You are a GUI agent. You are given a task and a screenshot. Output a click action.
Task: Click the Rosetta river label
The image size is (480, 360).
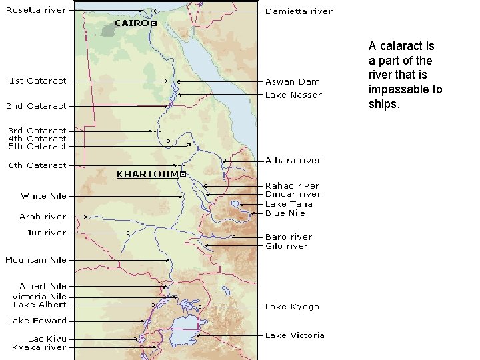pyautogui.click(x=37, y=10)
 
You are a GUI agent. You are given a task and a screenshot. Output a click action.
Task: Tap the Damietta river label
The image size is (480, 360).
pyautogui.click(x=299, y=11)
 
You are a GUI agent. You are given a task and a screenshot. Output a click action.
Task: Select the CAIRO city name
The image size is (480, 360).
pyautogui.click(x=131, y=23)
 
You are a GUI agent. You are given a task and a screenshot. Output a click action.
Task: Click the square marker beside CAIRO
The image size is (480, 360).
pyautogui.click(x=154, y=23)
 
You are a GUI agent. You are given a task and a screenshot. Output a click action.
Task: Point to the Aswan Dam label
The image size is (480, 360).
pyautogui.click(x=293, y=81)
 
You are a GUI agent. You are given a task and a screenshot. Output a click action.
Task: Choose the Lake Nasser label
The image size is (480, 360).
pyautogui.click(x=293, y=95)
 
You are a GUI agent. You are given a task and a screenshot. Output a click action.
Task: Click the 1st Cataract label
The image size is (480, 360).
pyautogui.click(x=37, y=81)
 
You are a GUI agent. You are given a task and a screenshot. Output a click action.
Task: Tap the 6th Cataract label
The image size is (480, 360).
pyautogui.click(x=37, y=165)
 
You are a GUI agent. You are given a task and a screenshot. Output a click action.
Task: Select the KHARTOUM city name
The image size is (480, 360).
pyautogui.click(x=147, y=174)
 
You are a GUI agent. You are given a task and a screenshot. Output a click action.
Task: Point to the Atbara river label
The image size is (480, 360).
pyautogui.click(x=293, y=160)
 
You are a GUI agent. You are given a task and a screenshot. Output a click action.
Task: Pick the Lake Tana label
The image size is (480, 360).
pyautogui.click(x=285, y=204)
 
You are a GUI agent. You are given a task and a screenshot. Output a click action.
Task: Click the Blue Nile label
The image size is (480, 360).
pyautogui.click(x=285, y=213)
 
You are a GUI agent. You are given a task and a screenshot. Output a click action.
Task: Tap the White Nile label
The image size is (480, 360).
pyautogui.click(x=43, y=196)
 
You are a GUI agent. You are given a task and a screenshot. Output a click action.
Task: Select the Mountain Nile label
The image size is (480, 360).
pyautogui.click(x=36, y=260)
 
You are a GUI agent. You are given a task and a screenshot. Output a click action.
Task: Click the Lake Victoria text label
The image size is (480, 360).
pyautogui.click(x=295, y=335)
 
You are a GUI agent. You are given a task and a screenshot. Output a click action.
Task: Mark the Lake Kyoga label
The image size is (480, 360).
pyautogui.click(x=292, y=307)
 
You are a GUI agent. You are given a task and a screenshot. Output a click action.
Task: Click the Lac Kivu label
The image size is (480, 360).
pyautogui.click(x=47, y=339)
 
